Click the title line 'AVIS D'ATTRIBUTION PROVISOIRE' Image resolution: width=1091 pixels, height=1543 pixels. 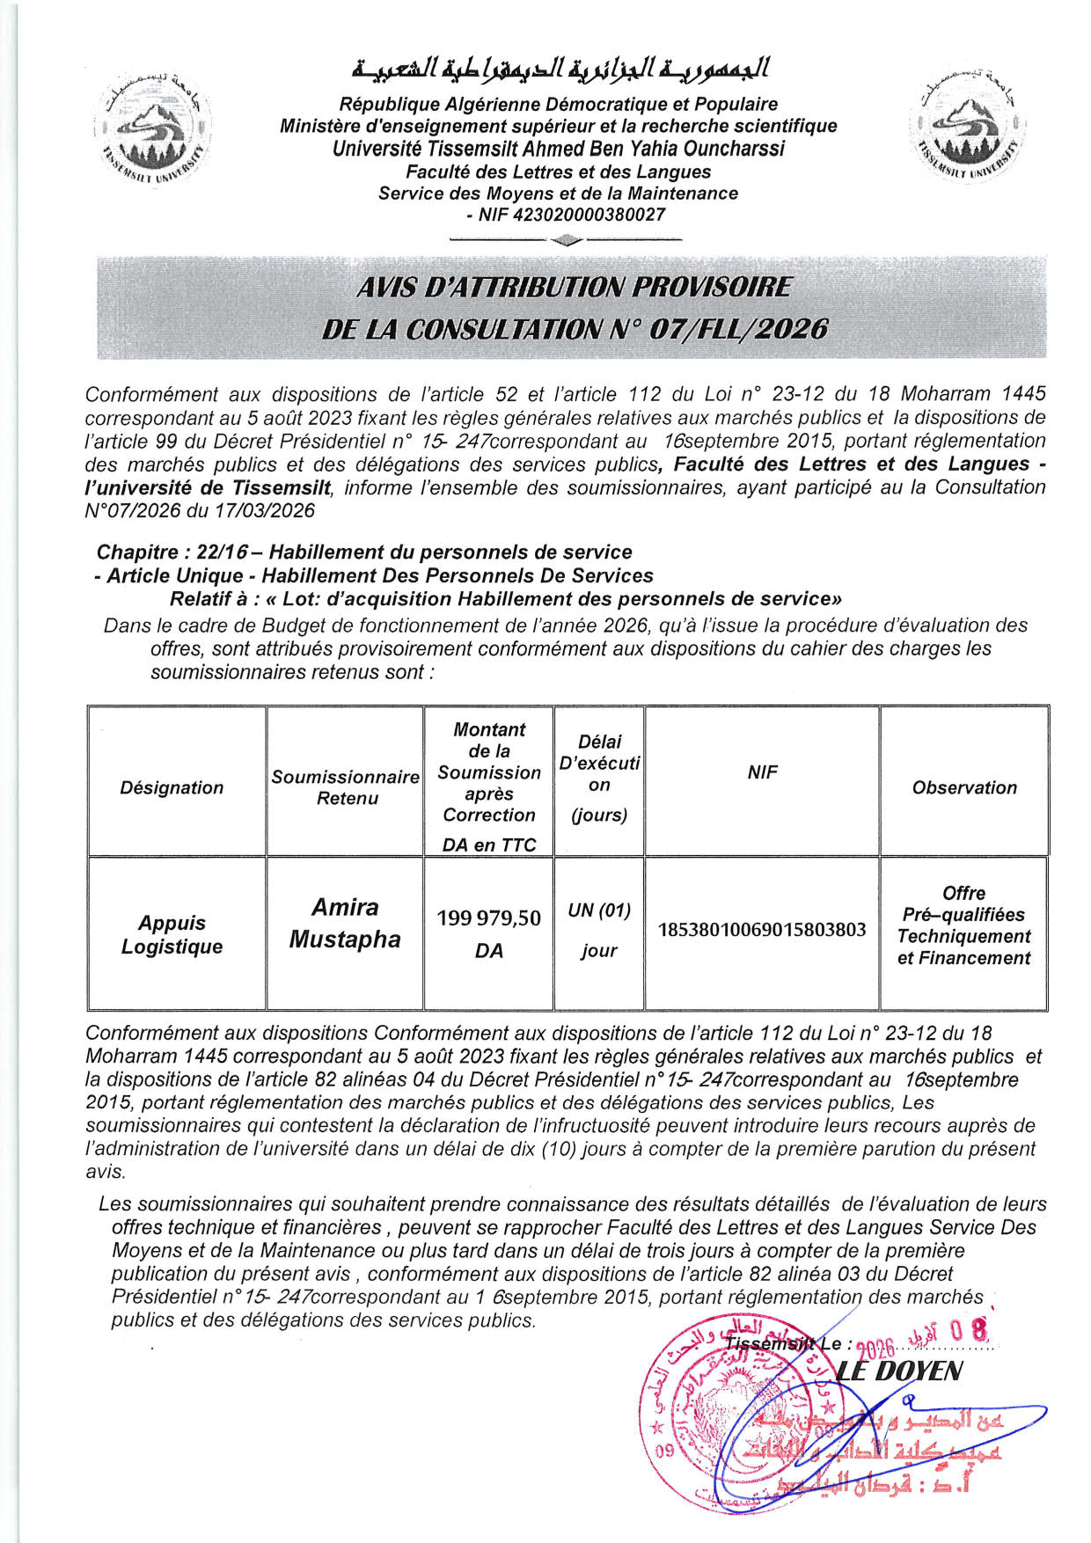click(574, 287)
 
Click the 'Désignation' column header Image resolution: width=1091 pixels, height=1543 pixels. click(172, 787)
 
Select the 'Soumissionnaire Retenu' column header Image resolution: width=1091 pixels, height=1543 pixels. click(345, 787)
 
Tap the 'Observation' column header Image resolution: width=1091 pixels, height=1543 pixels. click(964, 787)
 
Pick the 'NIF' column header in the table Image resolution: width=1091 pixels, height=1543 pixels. click(762, 771)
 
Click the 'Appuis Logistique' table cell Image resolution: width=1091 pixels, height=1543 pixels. click(172, 934)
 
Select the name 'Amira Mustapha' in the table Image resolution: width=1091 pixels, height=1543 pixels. click(345, 923)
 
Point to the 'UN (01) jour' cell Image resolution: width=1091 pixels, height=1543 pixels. click(599, 930)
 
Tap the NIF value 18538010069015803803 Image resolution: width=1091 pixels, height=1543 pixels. click(762, 930)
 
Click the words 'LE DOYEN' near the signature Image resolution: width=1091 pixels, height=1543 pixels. click(898, 1371)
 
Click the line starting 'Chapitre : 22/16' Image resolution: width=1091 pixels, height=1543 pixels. click(364, 552)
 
